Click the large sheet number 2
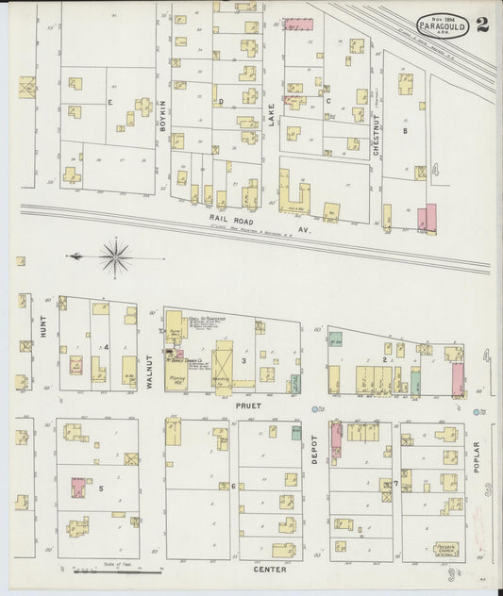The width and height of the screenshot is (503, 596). (x=482, y=25)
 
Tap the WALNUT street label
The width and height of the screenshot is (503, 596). (x=149, y=348)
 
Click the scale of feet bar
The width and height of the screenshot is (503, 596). (x=99, y=571)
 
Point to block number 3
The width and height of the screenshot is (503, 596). (x=243, y=361)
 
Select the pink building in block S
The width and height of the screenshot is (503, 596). (x=77, y=488)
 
